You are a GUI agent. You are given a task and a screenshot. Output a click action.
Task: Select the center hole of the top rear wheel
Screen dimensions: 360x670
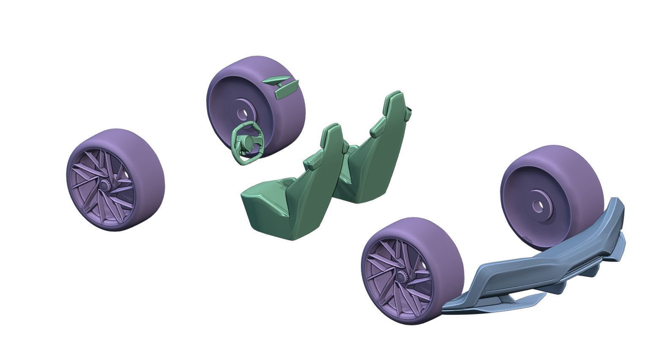pos(242,113)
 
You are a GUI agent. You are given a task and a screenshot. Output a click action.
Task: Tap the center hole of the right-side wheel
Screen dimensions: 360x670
pos(538,206)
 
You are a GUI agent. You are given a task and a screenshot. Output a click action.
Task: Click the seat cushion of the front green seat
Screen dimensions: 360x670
pos(271,196)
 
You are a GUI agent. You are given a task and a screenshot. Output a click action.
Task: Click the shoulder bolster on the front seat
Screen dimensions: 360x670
pos(312,163)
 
